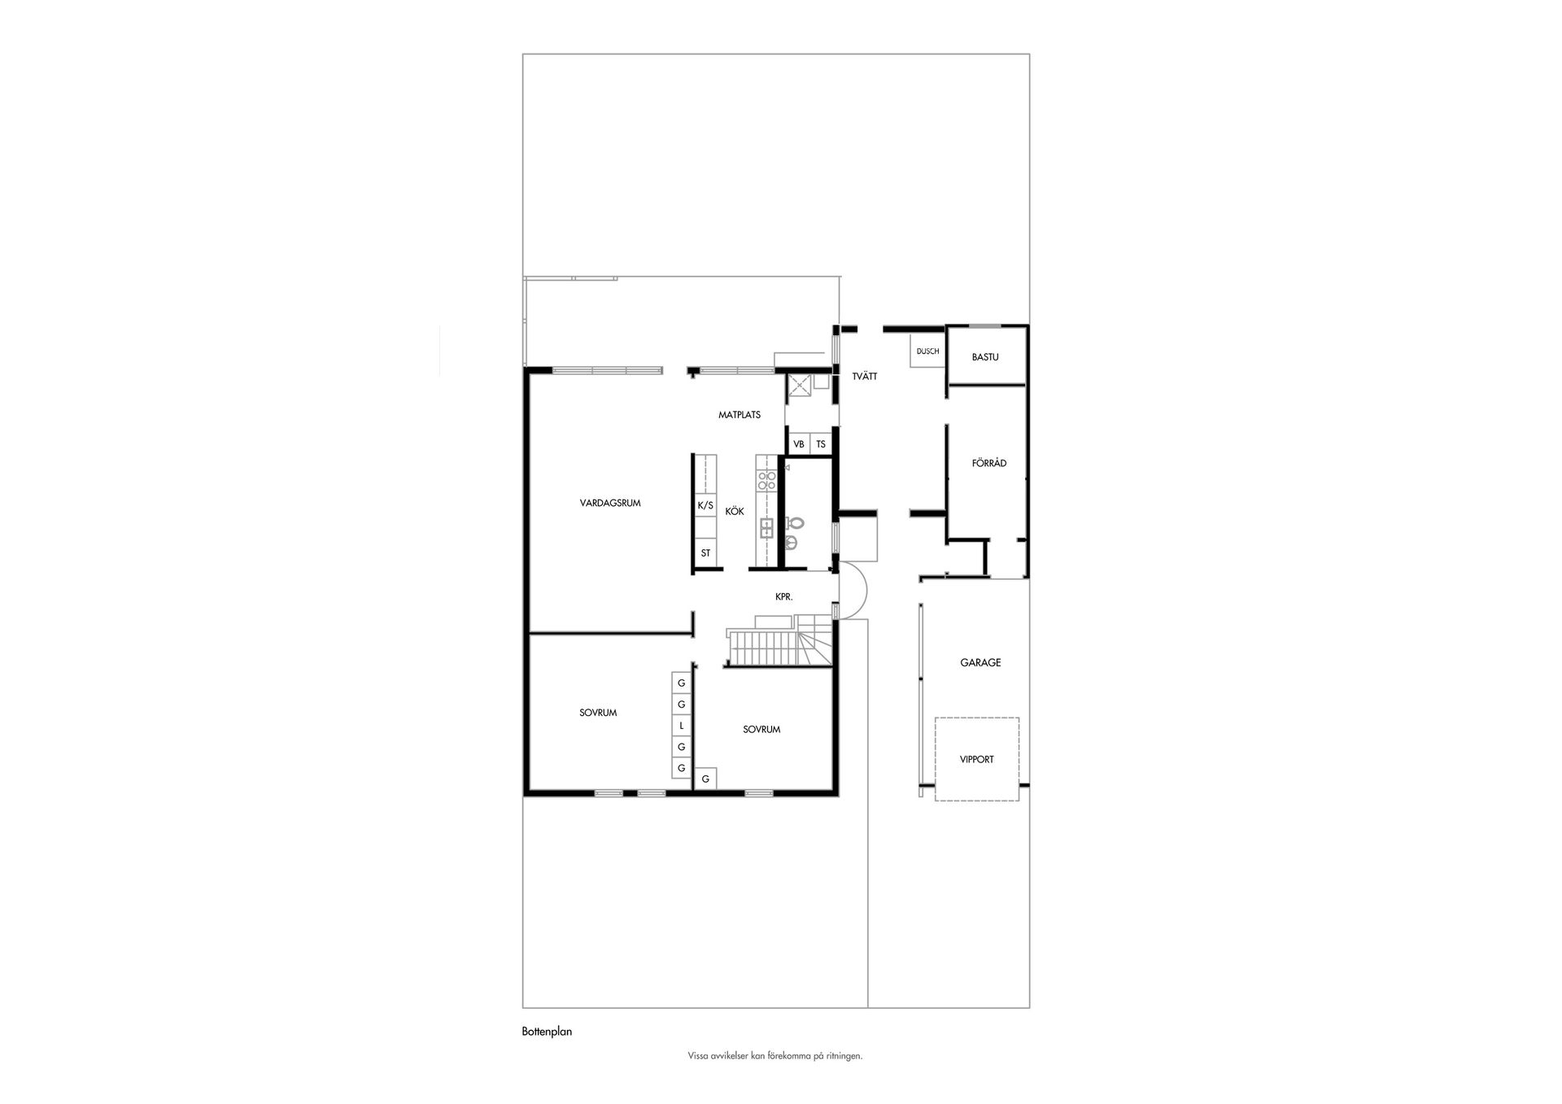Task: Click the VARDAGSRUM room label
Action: (x=610, y=503)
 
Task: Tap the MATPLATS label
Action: (x=740, y=415)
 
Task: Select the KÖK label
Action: (x=735, y=512)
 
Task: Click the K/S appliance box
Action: (x=705, y=505)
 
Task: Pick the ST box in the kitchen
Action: (x=705, y=553)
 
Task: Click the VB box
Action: (x=799, y=444)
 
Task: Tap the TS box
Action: (x=821, y=444)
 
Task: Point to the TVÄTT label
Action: (x=865, y=377)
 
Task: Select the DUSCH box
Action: (x=927, y=351)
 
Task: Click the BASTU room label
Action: (x=985, y=357)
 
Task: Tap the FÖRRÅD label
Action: (x=989, y=463)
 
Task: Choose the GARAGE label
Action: (x=980, y=663)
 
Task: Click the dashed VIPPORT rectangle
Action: (x=935, y=759)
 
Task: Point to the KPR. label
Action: (x=783, y=597)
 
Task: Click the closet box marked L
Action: (x=682, y=726)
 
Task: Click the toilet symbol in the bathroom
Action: (x=795, y=524)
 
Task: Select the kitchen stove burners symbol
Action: (x=766, y=480)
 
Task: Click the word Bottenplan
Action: (x=547, y=1032)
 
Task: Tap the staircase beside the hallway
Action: (x=779, y=648)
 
